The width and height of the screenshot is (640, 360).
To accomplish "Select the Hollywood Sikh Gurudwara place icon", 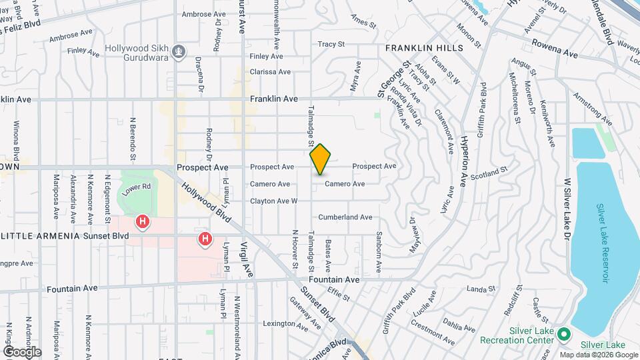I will point(179,52).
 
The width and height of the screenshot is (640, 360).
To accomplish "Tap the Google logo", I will point(22,352).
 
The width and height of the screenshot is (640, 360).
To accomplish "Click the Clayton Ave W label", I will point(273,201).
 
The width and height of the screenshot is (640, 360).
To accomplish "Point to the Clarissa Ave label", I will point(270,72).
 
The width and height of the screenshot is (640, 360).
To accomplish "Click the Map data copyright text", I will point(595,354).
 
